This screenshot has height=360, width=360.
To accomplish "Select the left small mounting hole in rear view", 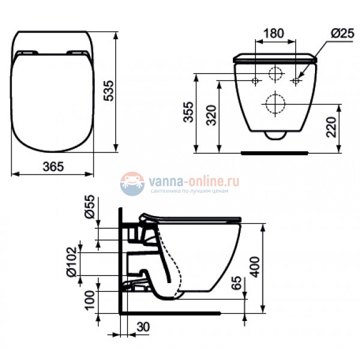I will (x=255, y=79).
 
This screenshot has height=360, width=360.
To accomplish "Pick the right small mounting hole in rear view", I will (x=296, y=79).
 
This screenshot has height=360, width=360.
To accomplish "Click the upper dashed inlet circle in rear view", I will (x=275, y=74).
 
